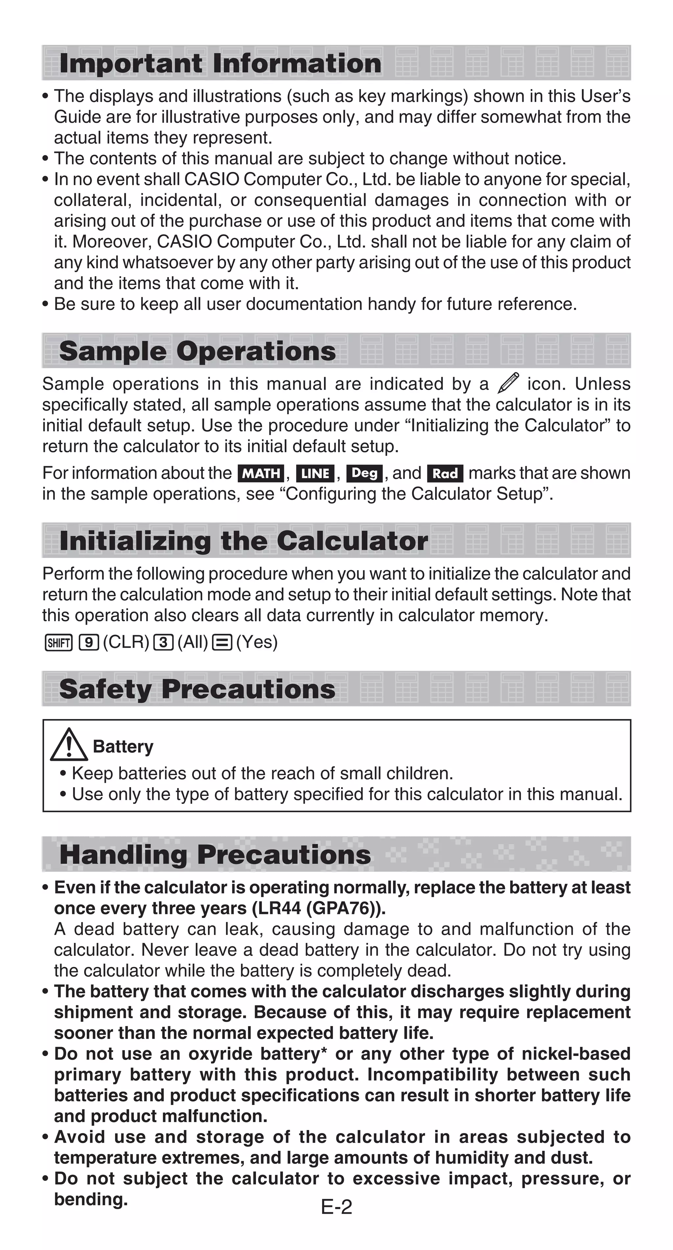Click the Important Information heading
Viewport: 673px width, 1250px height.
click(x=220, y=63)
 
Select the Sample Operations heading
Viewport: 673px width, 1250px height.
click(x=197, y=351)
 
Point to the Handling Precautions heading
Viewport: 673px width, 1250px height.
click(x=215, y=854)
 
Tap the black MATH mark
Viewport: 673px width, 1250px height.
click(x=261, y=473)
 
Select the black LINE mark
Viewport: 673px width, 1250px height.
click(x=315, y=473)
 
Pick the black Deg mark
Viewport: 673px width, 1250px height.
click(x=364, y=473)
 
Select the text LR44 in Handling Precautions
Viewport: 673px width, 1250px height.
click(x=279, y=908)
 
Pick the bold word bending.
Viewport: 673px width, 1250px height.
click(x=91, y=1199)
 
